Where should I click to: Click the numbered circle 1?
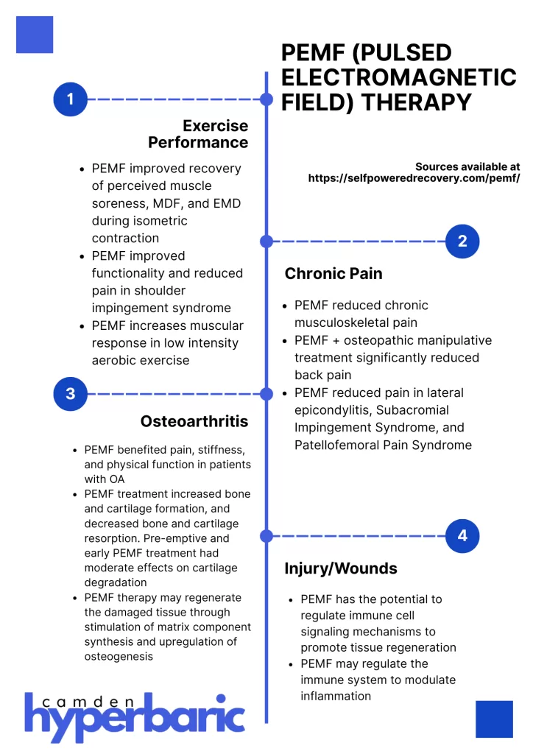pyautogui.click(x=71, y=99)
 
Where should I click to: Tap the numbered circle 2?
pyautogui.click(x=462, y=241)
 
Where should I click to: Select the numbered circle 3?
pyautogui.click(x=71, y=394)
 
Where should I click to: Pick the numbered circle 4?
pyautogui.click(x=462, y=535)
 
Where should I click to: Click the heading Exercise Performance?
pyautogui.click(x=199, y=134)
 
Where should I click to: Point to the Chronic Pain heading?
pyautogui.click(x=333, y=274)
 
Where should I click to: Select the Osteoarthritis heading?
pyautogui.click(x=194, y=422)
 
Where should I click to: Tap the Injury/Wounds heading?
pyautogui.click(x=341, y=568)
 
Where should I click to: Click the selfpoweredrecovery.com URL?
pyautogui.click(x=414, y=178)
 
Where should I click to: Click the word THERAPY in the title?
pyautogui.click(x=414, y=102)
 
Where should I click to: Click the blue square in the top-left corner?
pyautogui.click(x=35, y=35)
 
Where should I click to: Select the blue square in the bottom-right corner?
pyautogui.click(x=494, y=719)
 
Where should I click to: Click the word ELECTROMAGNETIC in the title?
pyautogui.click(x=399, y=77)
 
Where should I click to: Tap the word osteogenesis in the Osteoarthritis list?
pyautogui.click(x=119, y=656)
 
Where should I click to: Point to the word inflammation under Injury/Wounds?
pyautogui.click(x=336, y=696)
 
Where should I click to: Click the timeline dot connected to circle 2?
pyautogui.click(x=266, y=241)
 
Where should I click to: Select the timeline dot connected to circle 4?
pyautogui.click(x=266, y=535)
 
